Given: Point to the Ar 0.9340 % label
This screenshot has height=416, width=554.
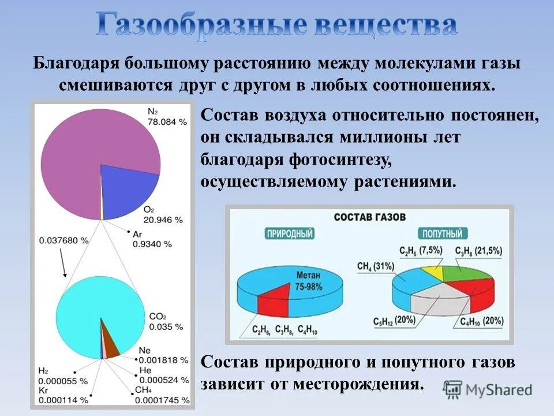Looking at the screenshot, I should (x=152, y=239).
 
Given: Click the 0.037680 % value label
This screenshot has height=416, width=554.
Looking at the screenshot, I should (x=64, y=239).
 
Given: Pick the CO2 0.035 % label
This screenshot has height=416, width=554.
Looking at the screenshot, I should (x=165, y=321).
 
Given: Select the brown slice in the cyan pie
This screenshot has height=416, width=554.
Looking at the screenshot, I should (x=110, y=343).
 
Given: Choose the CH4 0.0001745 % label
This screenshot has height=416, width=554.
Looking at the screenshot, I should (x=162, y=395).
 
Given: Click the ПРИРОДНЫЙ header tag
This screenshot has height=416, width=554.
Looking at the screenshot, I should (x=290, y=234).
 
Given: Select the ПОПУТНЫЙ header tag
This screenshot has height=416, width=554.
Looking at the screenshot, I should (x=442, y=234).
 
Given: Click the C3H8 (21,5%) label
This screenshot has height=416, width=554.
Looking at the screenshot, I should (x=478, y=251).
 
